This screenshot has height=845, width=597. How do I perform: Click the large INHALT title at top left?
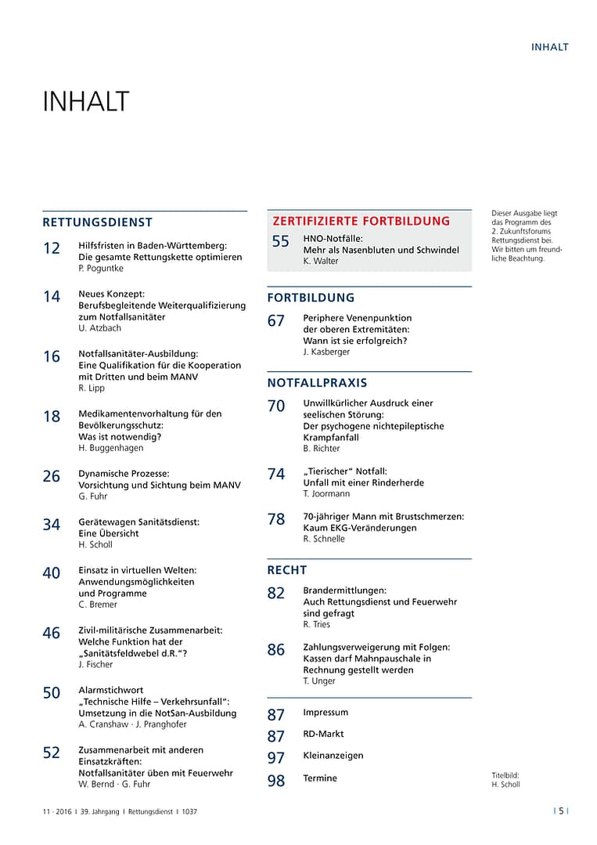(x=85, y=102)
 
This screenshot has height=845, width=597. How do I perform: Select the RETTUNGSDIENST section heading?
(x=97, y=222)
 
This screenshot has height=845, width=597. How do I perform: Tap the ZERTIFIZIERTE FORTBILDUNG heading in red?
(x=361, y=221)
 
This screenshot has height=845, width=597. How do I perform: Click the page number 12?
(x=52, y=249)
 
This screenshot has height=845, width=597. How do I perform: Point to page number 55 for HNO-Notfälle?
(x=281, y=242)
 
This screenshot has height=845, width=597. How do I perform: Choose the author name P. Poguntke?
(x=101, y=269)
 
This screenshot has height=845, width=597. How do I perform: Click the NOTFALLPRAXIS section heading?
(x=317, y=383)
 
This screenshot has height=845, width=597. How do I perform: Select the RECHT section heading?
(x=287, y=570)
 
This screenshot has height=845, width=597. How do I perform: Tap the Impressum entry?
(x=325, y=713)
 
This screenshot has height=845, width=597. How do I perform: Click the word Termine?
(x=320, y=778)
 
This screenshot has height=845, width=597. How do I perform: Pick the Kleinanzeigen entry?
(x=333, y=757)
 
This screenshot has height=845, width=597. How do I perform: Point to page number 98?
(x=276, y=781)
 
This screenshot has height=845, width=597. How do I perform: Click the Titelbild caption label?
(x=505, y=775)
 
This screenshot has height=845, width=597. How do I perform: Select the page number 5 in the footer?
(x=561, y=811)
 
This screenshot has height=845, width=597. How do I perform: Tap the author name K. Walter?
(x=321, y=262)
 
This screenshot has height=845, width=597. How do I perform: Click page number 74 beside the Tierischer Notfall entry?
(x=276, y=475)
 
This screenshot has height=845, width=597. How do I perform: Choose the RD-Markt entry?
(x=323, y=735)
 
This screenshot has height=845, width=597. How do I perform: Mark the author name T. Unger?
(x=319, y=681)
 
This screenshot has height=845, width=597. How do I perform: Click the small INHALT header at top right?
(x=549, y=47)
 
